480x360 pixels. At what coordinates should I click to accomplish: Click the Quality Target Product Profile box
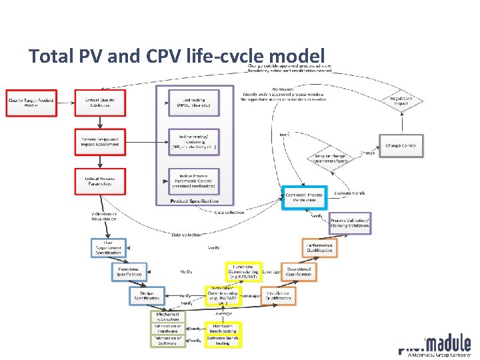point(31,103)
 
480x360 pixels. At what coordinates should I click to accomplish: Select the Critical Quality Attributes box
point(99,103)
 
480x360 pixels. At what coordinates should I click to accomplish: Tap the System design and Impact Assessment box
point(99,142)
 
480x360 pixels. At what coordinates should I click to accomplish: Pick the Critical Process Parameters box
point(99,181)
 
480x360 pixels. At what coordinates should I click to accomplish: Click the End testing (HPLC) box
point(193,103)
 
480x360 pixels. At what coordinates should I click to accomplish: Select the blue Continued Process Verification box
point(304,197)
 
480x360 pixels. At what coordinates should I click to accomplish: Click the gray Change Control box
point(401,145)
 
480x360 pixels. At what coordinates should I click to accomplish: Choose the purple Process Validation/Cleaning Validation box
point(349,223)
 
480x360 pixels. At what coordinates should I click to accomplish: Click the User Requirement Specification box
point(109,248)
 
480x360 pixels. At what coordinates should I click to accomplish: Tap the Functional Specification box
point(129,271)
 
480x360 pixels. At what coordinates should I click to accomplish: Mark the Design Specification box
point(147,295)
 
